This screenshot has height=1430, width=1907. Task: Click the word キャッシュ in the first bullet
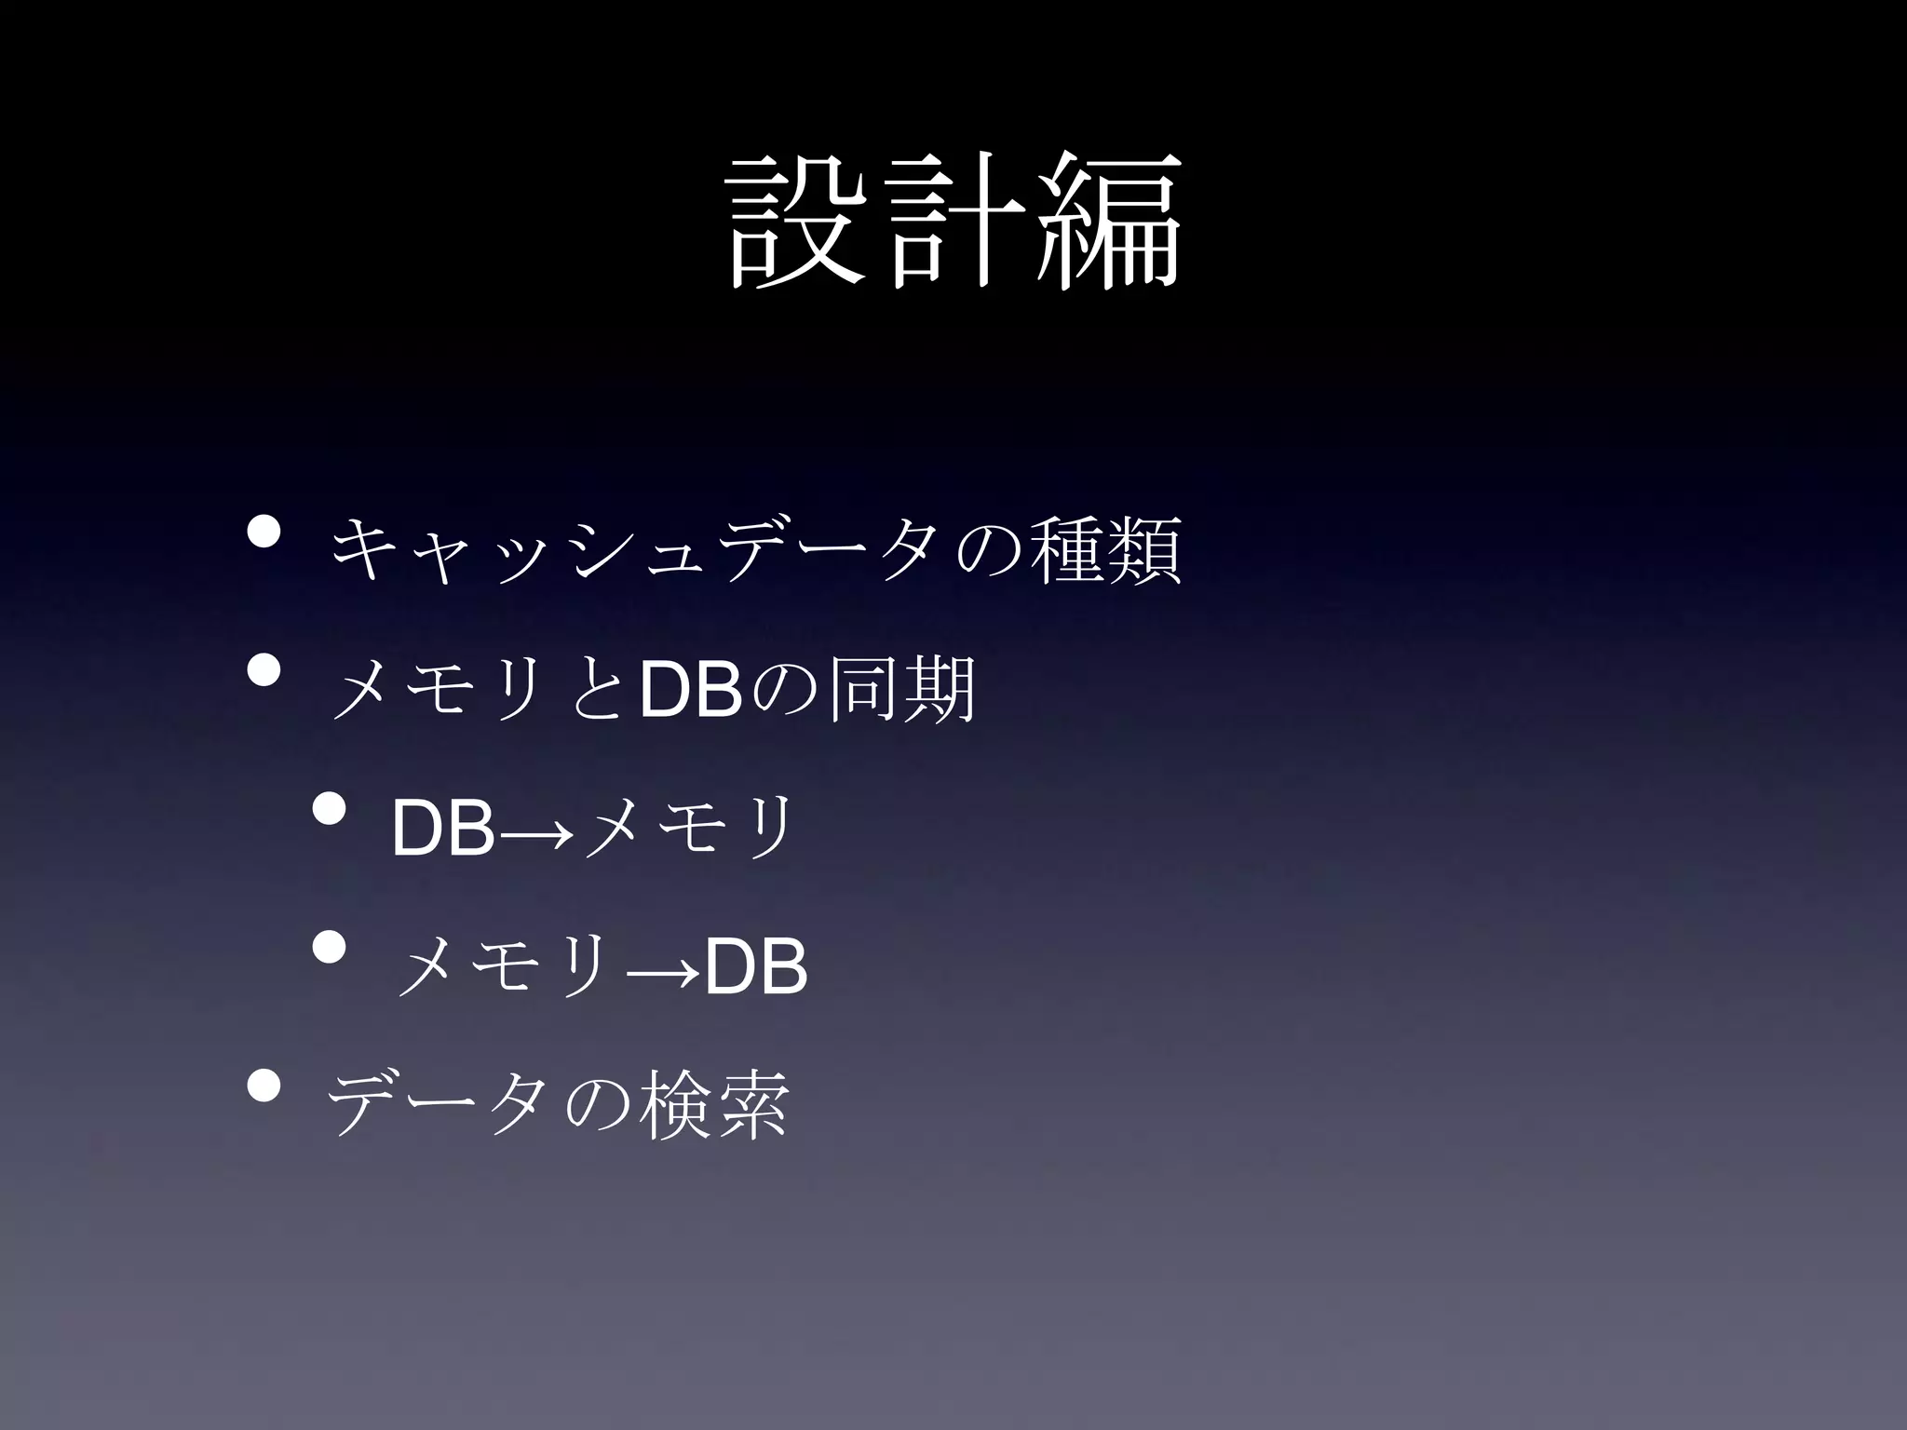click(x=484, y=551)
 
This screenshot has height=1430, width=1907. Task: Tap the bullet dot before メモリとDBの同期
click(x=264, y=669)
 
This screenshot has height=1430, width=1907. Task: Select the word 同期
click(x=901, y=690)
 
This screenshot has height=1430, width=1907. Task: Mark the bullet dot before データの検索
click(x=264, y=1086)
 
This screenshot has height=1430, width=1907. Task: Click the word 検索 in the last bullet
click(x=715, y=1106)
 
